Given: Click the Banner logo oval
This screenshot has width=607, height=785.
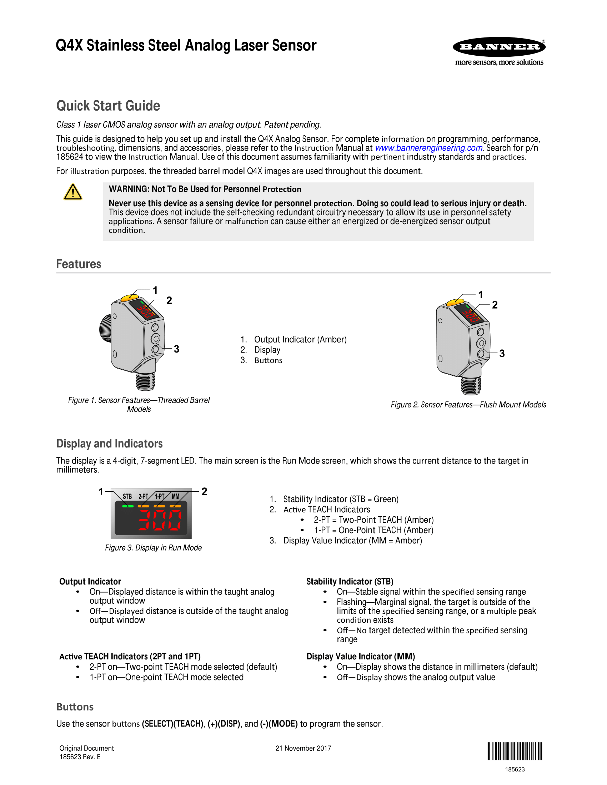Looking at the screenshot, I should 499,47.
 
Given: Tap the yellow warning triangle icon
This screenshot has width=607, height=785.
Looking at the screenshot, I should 72,192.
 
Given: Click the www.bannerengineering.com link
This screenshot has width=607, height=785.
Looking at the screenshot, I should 428,148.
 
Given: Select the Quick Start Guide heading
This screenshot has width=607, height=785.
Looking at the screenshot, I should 108,106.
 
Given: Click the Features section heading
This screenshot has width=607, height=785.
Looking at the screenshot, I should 79,264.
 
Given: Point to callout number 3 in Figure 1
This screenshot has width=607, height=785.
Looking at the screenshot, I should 176,349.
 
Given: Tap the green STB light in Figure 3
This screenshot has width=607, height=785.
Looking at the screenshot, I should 128,506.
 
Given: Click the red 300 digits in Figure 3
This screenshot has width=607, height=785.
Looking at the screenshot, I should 160,520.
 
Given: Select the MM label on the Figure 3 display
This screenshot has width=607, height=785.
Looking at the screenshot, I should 175,496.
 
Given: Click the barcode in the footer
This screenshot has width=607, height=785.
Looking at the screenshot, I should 515,751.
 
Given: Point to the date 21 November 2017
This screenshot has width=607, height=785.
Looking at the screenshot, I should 303,748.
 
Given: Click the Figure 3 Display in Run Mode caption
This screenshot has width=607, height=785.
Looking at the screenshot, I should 153,548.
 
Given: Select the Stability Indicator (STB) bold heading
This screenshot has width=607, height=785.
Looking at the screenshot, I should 350,582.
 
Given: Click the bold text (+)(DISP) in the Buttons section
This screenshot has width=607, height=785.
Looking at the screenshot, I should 224,724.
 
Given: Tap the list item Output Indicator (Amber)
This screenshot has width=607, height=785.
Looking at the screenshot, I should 300,340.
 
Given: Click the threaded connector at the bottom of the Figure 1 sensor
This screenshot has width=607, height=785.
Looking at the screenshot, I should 146,381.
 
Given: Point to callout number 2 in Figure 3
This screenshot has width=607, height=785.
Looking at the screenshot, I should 204,491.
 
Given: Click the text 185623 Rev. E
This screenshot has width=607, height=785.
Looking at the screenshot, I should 80,757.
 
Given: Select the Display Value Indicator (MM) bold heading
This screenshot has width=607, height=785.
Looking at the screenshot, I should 361,656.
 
